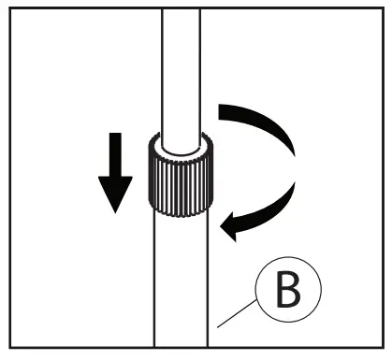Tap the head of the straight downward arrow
coord(114,197)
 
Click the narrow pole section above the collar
coord(179,75)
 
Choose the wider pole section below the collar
coord(179,281)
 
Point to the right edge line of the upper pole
coord(200,75)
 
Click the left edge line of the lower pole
coord(152,281)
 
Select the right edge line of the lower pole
coord(208,281)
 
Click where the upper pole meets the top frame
coord(179,10)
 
